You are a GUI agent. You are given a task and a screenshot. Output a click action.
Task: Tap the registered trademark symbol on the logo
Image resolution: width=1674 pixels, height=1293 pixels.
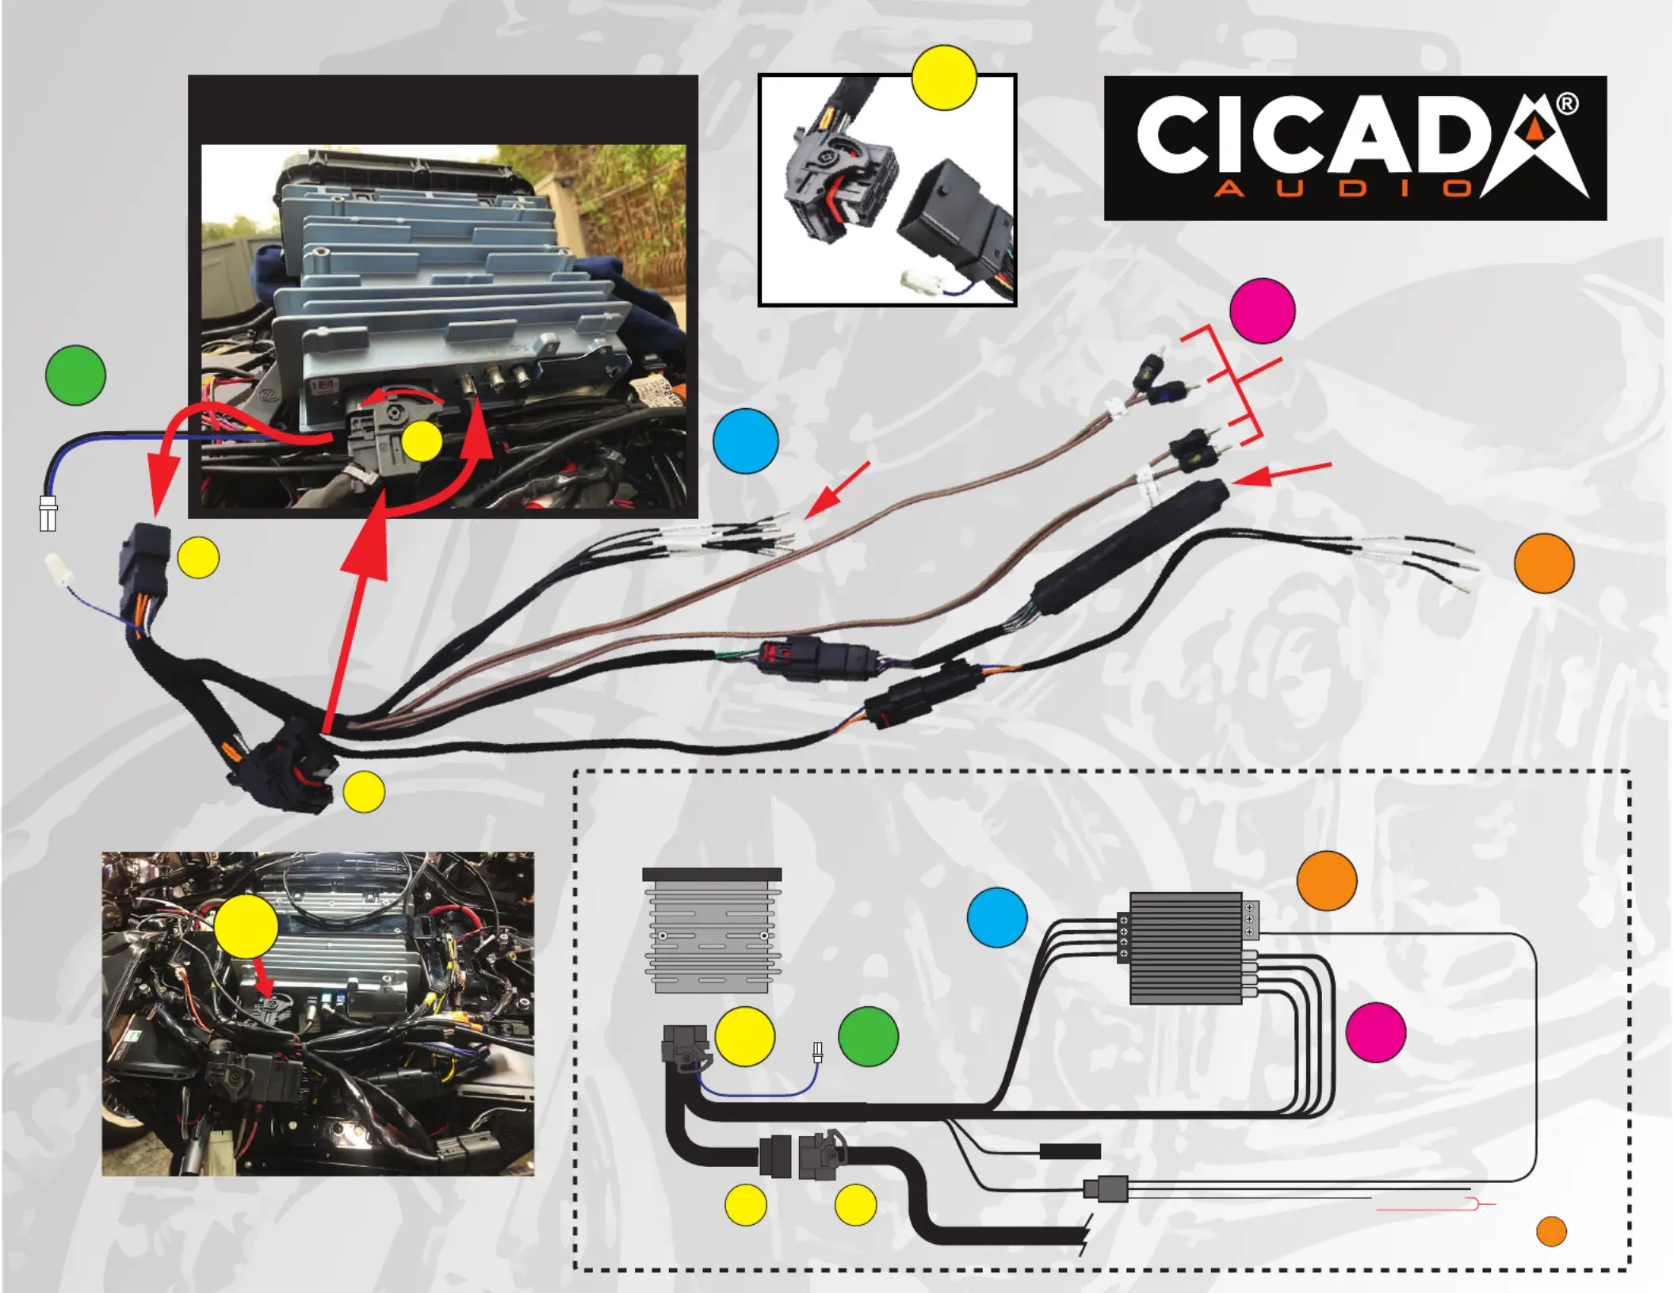pyautogui.click(x=1566, y=104)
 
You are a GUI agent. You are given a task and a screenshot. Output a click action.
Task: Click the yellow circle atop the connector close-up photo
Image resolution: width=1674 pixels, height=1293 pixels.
pyautogui.click(x=943, y=77)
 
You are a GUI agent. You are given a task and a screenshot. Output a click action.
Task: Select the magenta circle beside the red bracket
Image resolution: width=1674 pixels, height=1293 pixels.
pyautogui.click(x=1262, y=311)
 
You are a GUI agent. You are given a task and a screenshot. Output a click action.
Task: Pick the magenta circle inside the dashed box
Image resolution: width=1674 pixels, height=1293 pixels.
pyautogui.click(x=1375, y=1032)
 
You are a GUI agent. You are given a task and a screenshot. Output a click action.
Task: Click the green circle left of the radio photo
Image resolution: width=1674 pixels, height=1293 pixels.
pyautogui.click(x=75, y=375)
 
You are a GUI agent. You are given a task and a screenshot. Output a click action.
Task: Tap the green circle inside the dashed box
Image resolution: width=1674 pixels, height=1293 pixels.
pyautogui.click(x=868, y=1036)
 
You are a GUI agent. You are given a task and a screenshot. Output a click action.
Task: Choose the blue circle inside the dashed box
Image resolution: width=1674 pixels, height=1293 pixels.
pyautogui.click(x=997, y=917)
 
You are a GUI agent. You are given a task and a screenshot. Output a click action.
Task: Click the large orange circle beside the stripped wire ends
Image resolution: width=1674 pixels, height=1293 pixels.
pyautogui.click(x=1543, y=563)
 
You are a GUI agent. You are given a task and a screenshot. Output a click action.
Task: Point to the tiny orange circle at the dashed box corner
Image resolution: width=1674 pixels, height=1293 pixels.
pyautogui.click(x=1551, y=1231)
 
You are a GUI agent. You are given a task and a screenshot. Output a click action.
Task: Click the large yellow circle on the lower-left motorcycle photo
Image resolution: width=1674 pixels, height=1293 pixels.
pyautogui.click(x=246, y=926)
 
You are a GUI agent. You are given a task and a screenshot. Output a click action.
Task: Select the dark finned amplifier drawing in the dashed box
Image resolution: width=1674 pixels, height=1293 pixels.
pyautogui.click(x=1186, y=948)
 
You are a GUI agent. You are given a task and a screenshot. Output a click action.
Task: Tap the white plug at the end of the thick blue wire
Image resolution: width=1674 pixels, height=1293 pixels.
pyautogui.click(x=48, y=513)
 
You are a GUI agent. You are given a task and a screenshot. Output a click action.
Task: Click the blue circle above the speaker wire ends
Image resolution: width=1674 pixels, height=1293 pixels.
pyautogui.click(x=745, y=441)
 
